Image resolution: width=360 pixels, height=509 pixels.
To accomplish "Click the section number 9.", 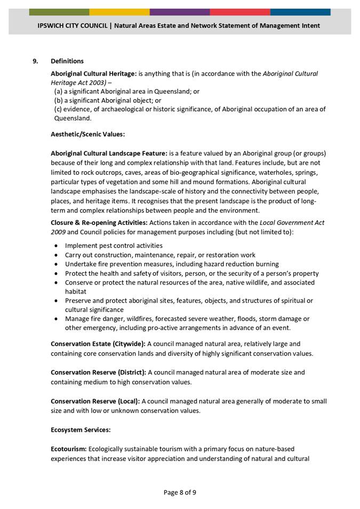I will (35, 61).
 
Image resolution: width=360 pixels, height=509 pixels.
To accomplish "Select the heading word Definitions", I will (67, 61).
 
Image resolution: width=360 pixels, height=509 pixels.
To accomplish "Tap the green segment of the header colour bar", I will (59, 12).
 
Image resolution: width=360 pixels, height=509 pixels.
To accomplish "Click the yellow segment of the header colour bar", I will (119, 12).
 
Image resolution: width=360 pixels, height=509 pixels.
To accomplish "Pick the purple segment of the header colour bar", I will (180, 12).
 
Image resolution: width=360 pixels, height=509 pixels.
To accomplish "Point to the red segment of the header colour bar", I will (240, 12).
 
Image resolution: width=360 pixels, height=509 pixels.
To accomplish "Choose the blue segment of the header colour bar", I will (300, 12).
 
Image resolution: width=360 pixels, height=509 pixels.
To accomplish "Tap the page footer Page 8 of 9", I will (180, 492).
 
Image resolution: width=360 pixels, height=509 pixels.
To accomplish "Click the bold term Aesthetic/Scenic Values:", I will (87, 134).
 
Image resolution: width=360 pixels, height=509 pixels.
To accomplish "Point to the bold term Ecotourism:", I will (69, 449).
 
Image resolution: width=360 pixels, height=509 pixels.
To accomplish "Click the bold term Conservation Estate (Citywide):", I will (98, 344).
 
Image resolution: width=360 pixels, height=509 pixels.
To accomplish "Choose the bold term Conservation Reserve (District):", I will (99, 372).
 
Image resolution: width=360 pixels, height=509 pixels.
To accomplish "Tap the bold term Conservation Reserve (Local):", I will (95, 401).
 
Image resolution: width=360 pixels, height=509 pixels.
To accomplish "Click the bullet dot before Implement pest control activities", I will (57, 246).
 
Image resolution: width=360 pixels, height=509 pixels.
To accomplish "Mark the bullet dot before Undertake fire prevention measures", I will (57, 264).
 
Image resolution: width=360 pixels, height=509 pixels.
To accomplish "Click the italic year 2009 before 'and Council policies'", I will (58, 232).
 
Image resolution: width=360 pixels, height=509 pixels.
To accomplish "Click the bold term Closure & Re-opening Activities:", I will (99, 222).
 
